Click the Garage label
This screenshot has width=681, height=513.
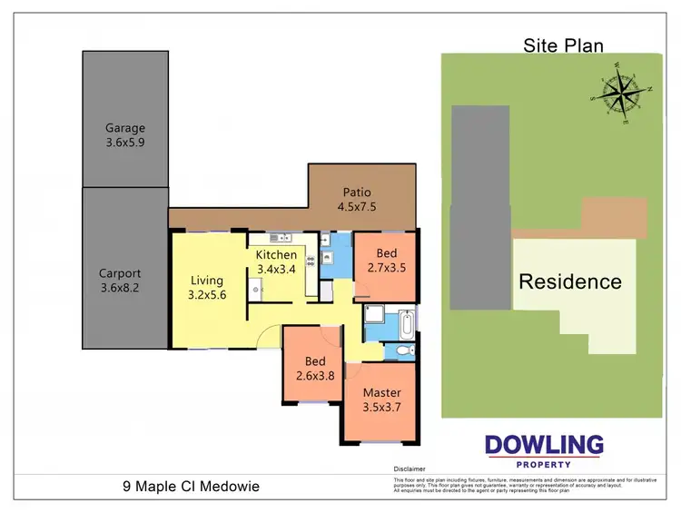tap(124, 128)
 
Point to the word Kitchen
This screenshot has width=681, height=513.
tap(276, 254)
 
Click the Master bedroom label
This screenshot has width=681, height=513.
tap(381, 393)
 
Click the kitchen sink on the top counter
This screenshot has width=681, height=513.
tap(283, 239)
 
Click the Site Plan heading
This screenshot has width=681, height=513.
tap(563, 44)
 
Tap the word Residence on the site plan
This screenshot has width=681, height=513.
tap(569, 281)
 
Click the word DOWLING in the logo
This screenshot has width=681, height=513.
tap(543, 445)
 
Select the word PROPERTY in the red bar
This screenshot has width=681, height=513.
tap(543, 464)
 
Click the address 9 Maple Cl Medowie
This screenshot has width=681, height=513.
tap(191, 487)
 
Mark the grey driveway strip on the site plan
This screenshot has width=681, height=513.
tap(481, 207)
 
